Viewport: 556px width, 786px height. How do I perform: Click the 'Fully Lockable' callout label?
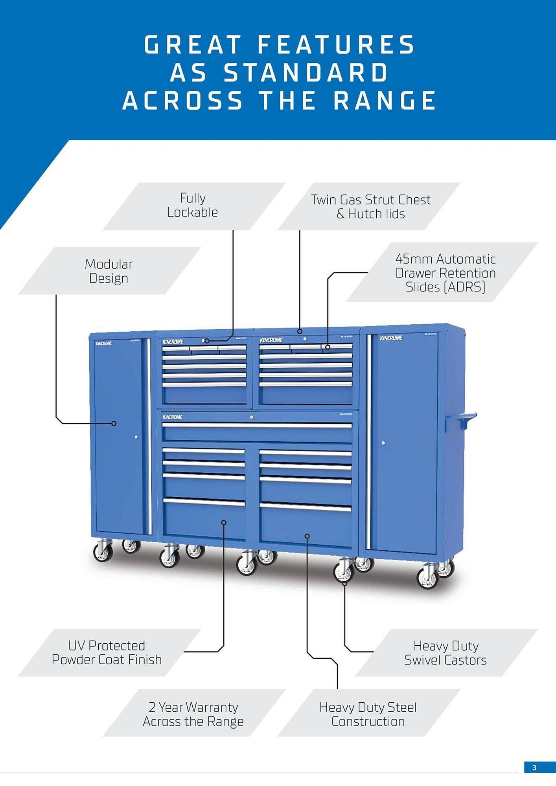pos(193,205)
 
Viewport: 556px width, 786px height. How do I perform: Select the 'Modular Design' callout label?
pos(109,271)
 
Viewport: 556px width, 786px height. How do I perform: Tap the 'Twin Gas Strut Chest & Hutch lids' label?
pos(370,207)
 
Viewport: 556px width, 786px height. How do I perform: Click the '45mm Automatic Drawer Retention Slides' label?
pos(445,273)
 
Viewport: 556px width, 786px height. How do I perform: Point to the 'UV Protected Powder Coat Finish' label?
pos(107,652)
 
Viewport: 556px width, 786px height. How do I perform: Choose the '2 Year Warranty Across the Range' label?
pos(193,714)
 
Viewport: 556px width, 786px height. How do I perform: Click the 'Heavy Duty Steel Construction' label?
pos(368,714)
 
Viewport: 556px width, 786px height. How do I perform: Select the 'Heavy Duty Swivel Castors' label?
pos(446,653)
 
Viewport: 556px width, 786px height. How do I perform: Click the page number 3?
pos(534,768)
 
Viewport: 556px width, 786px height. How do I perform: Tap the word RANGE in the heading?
pos(385,101)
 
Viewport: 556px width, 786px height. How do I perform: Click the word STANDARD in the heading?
pos(306,73)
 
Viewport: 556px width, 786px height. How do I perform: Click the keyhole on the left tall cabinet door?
pos(136,437)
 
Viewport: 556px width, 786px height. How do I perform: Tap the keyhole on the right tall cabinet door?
pos(383,443)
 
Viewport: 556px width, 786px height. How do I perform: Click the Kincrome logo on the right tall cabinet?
pos(391,338)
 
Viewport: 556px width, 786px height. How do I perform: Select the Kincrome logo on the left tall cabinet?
pos(103,343)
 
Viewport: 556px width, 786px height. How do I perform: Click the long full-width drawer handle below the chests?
pos(257,425)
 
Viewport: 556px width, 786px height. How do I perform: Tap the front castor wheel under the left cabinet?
pos(103,552)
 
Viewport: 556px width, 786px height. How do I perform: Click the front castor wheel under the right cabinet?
pos(427,577)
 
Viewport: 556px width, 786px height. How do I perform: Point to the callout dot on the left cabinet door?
pos(114,423)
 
